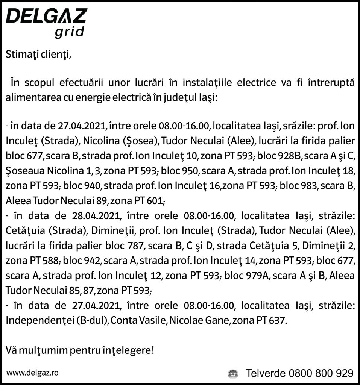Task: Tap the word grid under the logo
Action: [x=69, y=33]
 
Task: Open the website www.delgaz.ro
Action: [x=32, y=373]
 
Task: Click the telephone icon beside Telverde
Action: [x=234, y=374]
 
